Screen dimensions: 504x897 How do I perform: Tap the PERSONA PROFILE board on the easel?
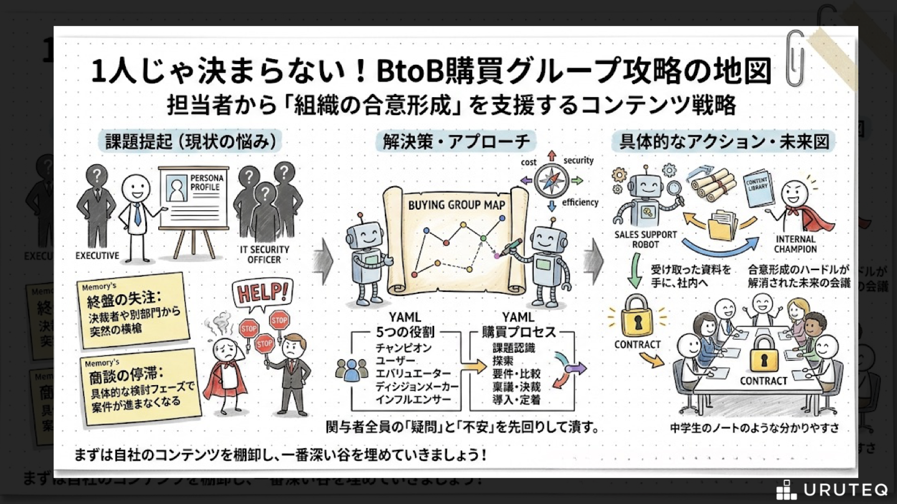click(193, 197)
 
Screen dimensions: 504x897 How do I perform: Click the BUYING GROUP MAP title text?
click(457, 205)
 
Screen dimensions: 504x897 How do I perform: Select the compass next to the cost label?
click(551, 180)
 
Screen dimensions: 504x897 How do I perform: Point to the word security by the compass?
click(579, 161)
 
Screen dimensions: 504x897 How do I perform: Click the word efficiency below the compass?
click(580, 202)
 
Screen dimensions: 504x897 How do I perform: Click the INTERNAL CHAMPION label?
click(795, 244)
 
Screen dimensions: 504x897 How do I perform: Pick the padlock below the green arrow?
click(636, 317)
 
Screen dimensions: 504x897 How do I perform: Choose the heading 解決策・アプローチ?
click(457, 142)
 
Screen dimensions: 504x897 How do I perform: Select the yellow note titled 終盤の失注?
click(133, 306)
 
